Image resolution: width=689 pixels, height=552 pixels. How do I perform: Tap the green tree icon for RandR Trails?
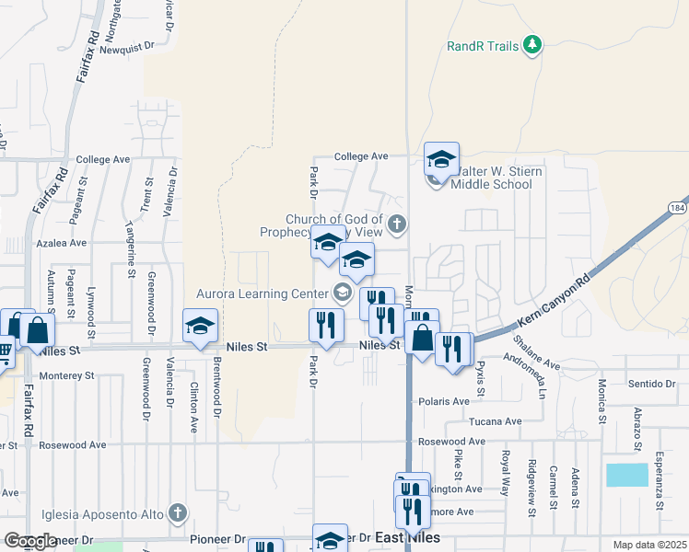pos(531,44)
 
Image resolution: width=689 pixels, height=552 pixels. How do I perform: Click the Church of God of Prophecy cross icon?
pos(397,223)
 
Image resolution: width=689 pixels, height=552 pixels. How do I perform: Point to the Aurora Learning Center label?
pos(263,293)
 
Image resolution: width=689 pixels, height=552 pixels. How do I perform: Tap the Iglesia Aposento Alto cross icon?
pos(178,513)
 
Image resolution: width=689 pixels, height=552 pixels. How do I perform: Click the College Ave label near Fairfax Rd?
pos(103,159)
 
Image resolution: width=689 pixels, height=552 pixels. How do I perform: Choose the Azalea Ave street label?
pos(61,244)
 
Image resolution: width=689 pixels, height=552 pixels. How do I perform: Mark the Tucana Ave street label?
pos(496,421)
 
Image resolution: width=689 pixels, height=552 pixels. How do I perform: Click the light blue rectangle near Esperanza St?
pos(626,475)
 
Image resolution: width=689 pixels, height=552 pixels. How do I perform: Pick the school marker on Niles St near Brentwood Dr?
pos(200,327)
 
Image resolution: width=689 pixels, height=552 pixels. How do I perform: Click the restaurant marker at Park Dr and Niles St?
pos(326,326)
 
